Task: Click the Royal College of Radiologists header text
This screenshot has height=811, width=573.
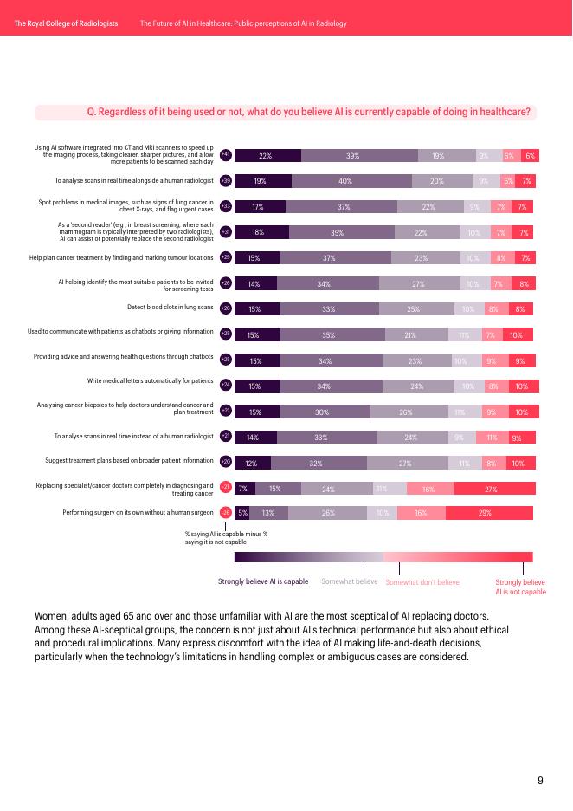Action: [65, 23]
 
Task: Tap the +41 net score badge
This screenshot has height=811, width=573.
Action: [226, 155]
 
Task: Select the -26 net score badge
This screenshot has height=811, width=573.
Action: [226, 513]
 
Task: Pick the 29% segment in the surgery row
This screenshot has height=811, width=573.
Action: [485, 513]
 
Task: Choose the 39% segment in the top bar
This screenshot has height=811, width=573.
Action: [352, 156]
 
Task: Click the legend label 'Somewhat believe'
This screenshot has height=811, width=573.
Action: [349, 581]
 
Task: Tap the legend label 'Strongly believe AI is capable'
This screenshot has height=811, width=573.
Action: [263, 581]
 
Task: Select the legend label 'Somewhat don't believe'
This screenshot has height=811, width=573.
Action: [422, 582]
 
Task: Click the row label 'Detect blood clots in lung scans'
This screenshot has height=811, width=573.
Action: [170, 308]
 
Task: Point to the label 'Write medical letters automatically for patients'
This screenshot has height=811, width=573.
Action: [151, 380]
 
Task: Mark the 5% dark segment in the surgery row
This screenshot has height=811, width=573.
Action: [243, 513]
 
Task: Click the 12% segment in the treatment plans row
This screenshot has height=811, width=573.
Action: [252, 464]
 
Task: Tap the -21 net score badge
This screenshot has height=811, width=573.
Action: [226, 487]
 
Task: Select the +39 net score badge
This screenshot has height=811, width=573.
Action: [226, 181]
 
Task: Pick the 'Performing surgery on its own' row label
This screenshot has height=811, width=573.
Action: [138, 513]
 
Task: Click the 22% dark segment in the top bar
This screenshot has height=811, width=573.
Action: [266, 156]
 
